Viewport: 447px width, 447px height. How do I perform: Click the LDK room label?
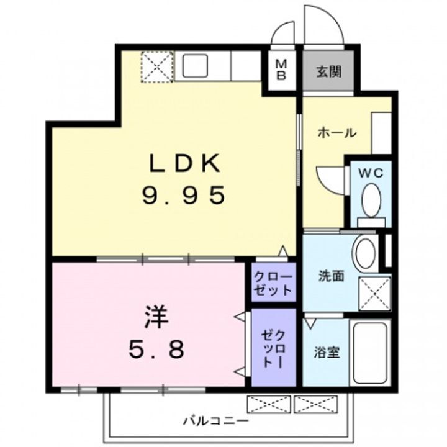(x=184, y=164)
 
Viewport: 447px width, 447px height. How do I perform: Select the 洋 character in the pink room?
(x=155, y=319)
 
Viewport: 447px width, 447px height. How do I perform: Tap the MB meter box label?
(x=281, y=70)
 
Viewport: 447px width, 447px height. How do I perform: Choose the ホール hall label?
(x=336, y=132)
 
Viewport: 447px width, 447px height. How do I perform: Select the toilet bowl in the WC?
(x=371, y=201)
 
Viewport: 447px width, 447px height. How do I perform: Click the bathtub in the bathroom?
(x=369, y=352)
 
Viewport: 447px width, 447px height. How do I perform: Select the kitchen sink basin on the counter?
(x=196, y=65)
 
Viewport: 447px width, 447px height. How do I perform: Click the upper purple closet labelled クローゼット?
(x=274, y=283)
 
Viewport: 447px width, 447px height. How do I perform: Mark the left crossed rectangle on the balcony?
(x=268, y=404)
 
